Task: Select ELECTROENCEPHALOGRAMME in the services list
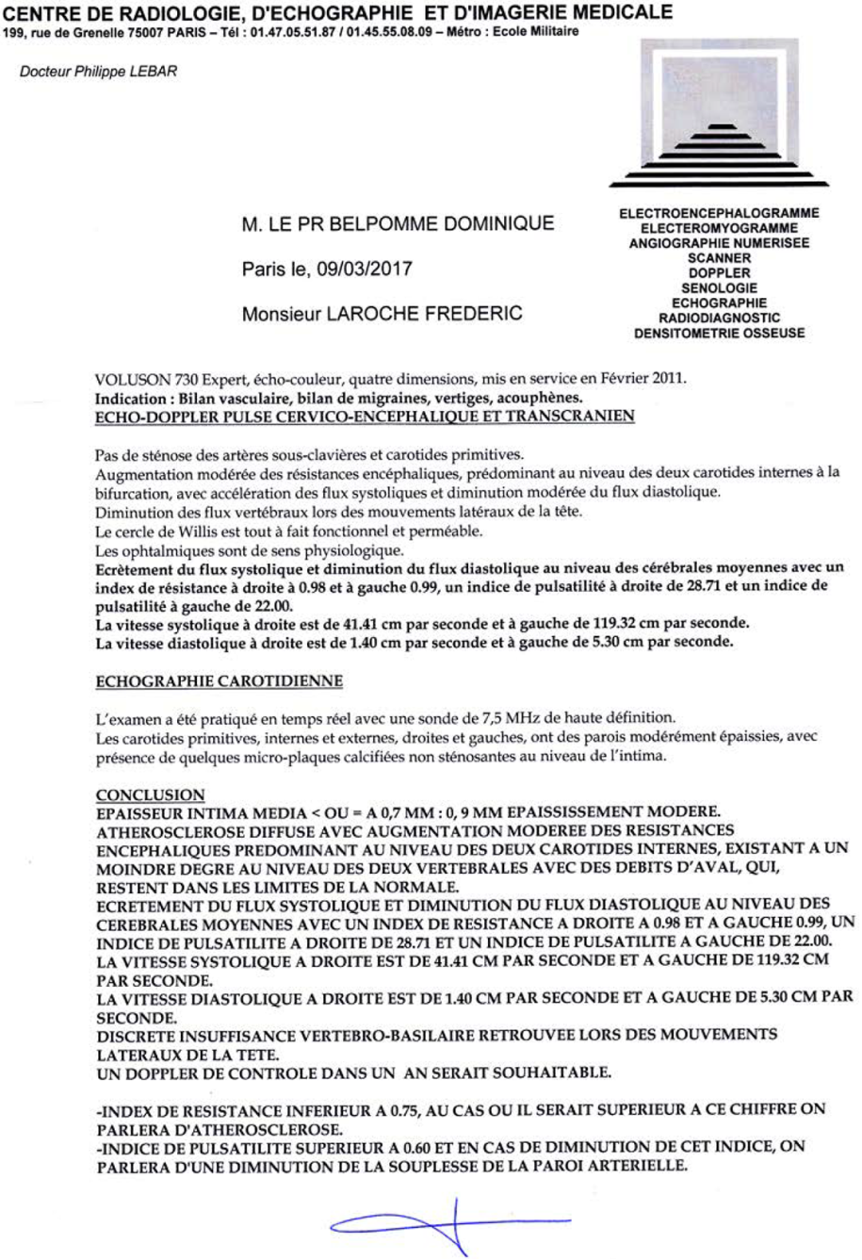tap(718, 214)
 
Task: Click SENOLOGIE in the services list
tap(718, 288)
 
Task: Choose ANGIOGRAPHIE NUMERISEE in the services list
tap(718, 243)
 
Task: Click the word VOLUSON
tap(131, 381)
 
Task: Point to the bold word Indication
tap(130, 398)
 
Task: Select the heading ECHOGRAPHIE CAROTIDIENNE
tap(220, 679)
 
